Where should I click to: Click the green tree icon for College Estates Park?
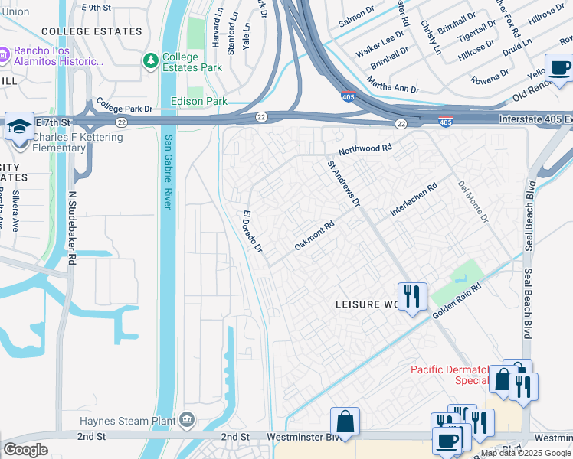click(x=151, y=60)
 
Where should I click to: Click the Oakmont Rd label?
click(x=315, y=236)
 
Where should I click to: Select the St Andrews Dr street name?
click(x=343, y=183)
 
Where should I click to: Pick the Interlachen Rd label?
click(x=413, y=198)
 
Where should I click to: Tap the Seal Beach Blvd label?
click(x=528, y=215)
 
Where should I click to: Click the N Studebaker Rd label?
click(x=72, y=228)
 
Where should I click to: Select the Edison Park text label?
click(x=199, y=101)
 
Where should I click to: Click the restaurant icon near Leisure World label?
click(x=412, y=296)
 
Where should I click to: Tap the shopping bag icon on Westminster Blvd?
click(x=345, y=421)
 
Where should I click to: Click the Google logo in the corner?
click(x=25, y=450)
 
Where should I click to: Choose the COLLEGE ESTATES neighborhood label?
click(x=92, y=31)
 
